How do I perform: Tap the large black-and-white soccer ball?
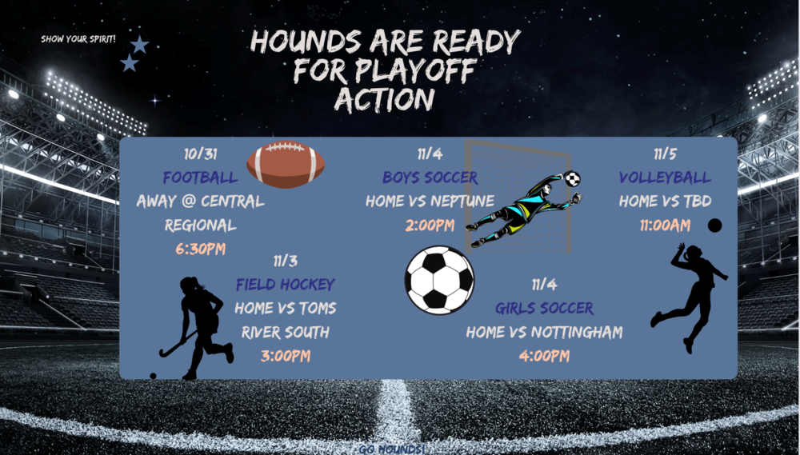pyautogui.click(x=439, y=280)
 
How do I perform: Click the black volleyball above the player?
pyautogui.click(x=715, y=226)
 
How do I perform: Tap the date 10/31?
pyautogui.click(x=200, y=154)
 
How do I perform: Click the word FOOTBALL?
pyautogui.click(x=200, y=178)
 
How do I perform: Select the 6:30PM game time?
pyautogui.click(x=200, y=249)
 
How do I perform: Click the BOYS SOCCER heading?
pyautogui.click(x=430, y=178)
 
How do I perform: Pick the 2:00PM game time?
pyautogui.click(x=430, y=225)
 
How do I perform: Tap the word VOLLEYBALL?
pyautogui.click(x=665, y=178)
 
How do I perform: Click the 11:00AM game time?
pyautogui.click(x=665, y=225)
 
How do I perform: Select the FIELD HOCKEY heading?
pyautogui.click(x=285, y=285)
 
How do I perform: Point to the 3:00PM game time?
pyautogui.click(x=285, y=356)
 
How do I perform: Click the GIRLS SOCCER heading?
pyautogui.click(x=544, y=308)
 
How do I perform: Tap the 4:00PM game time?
pyautogui.click(x=544, y=356)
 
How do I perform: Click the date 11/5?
pyautogui.click(x=665, y=154)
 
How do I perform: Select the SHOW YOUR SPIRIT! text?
pyautogui.click(x=78, y=38)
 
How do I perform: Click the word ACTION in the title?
pyautogui.click(x=385, y=98)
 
